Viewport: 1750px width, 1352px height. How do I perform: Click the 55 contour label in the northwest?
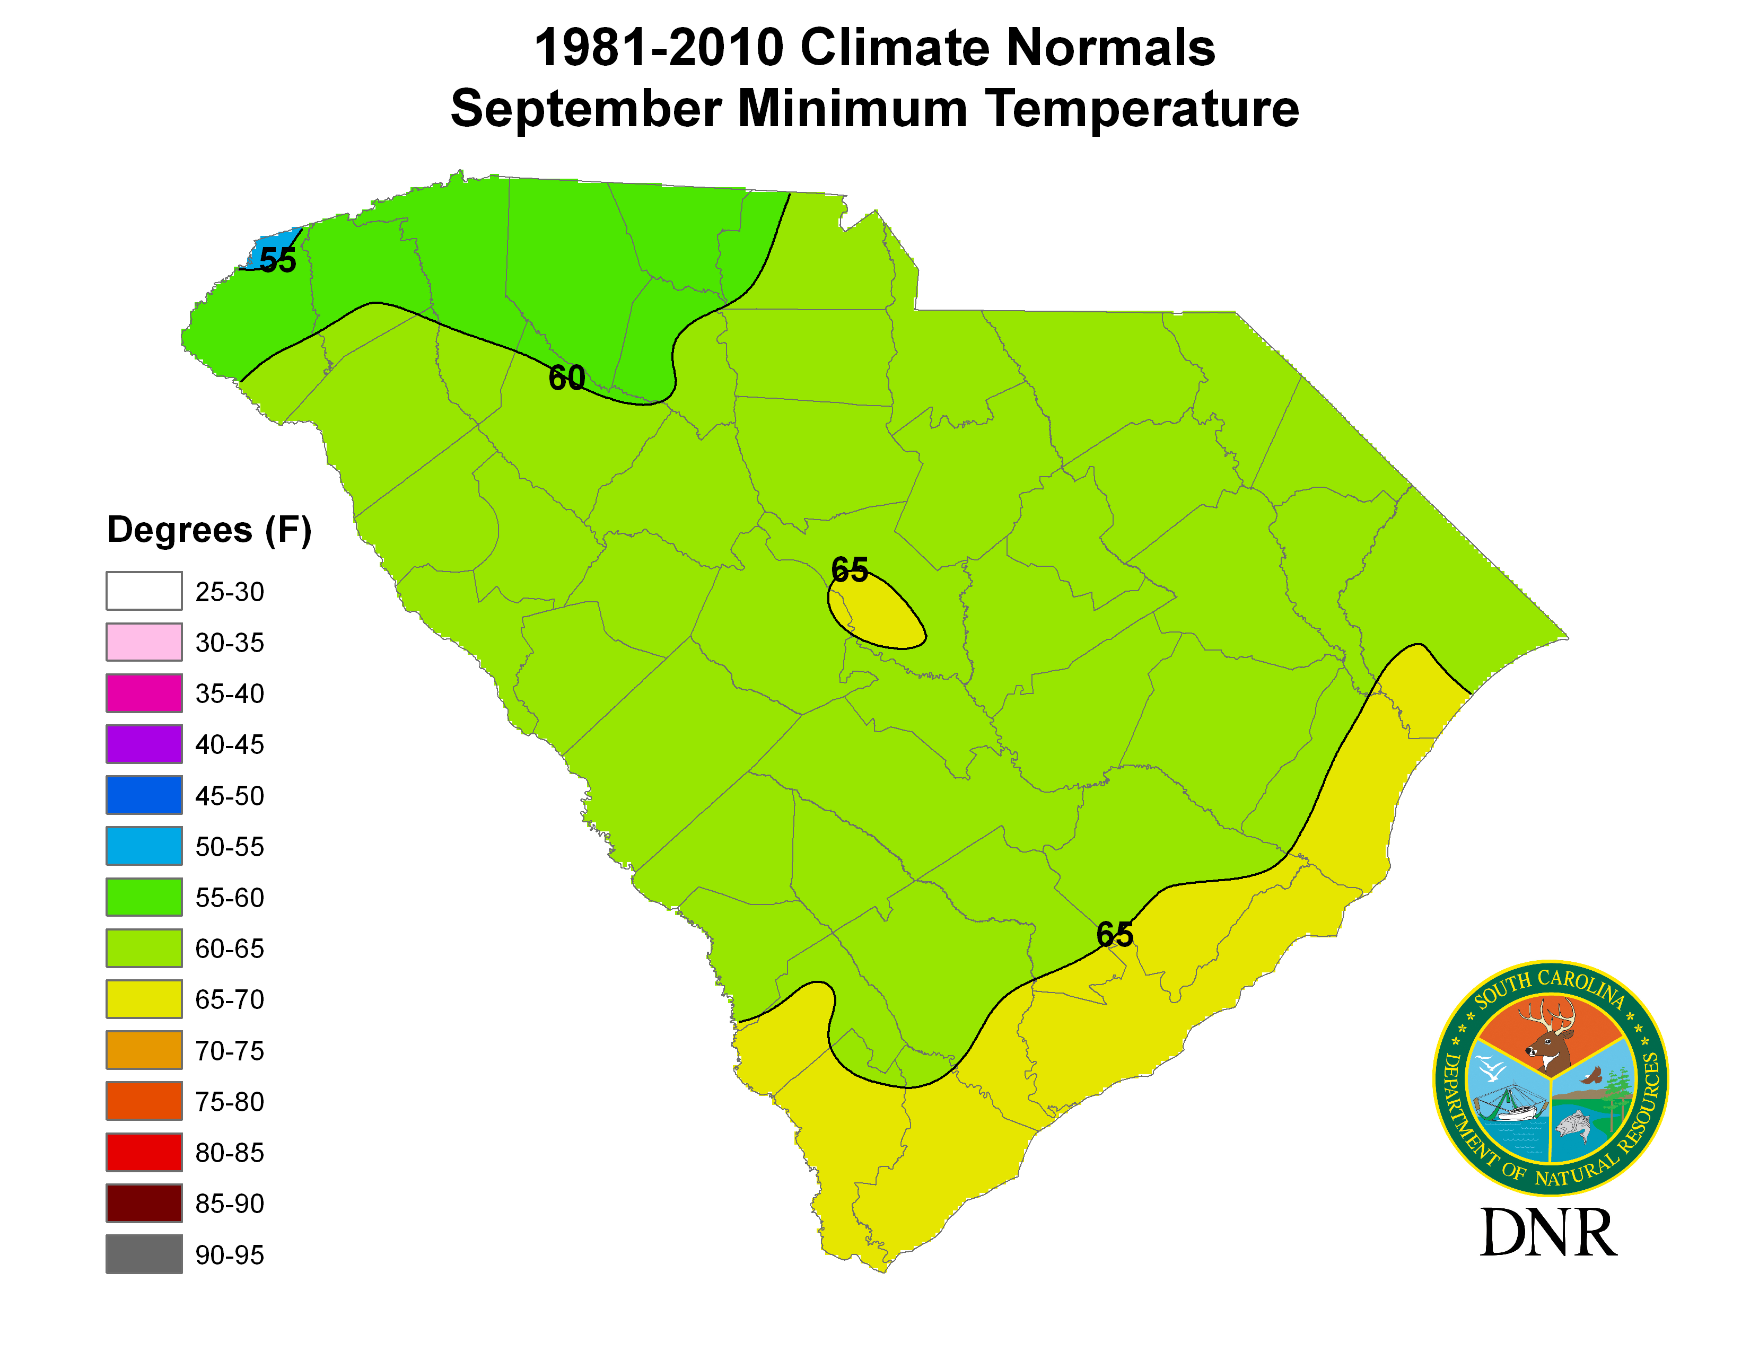[277, 261]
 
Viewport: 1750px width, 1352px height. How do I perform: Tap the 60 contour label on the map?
[566, 378]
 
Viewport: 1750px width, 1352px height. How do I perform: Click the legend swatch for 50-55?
[144, 846]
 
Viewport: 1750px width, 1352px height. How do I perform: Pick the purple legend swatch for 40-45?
[144, 744]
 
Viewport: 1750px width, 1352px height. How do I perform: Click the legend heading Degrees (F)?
[209, 530]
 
